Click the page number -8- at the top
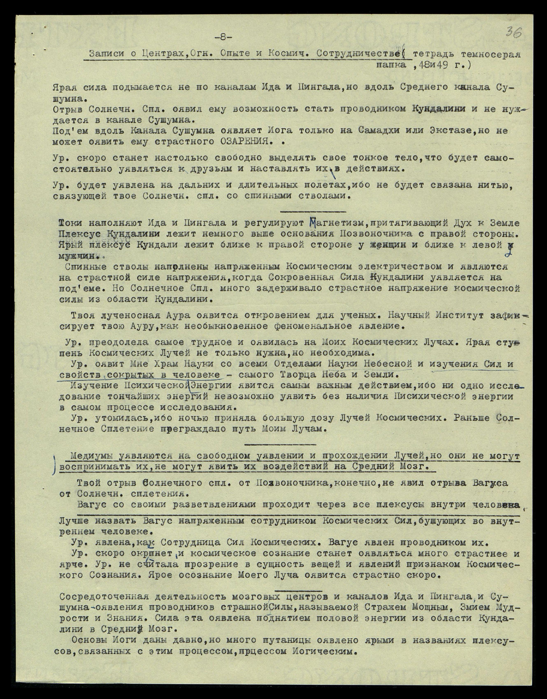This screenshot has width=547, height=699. tap(223, 37)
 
